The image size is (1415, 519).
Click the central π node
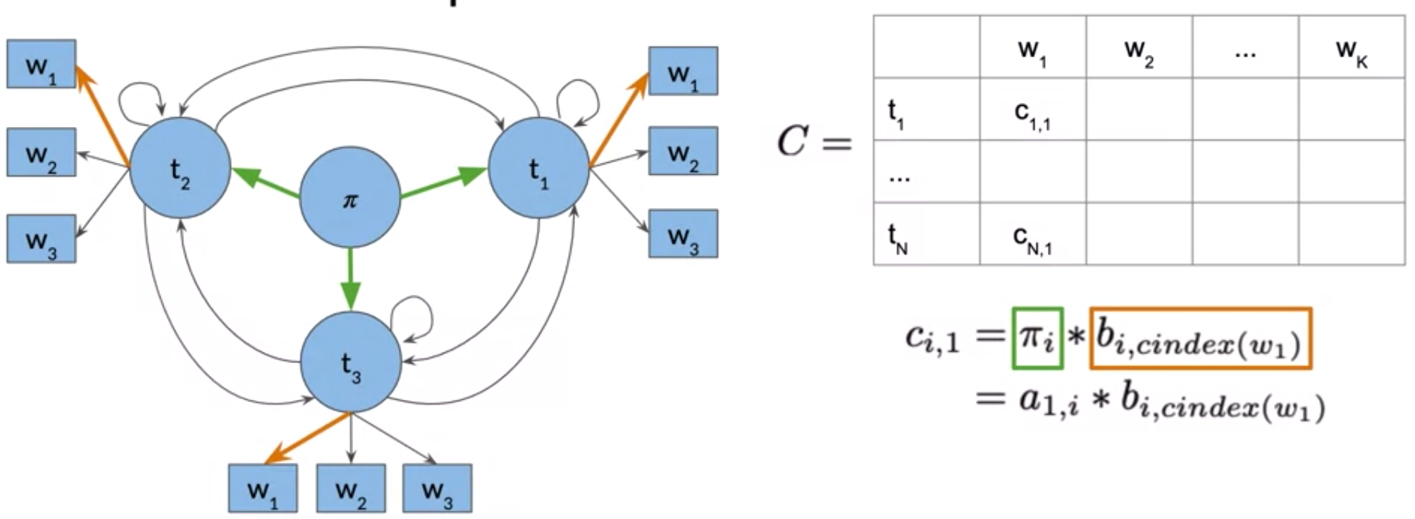click(x=350, y=197)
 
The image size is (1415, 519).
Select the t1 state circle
click(x=538, y=169)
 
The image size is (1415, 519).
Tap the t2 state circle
click(x=180, y=169)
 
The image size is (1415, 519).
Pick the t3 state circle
click(x=351, y=362)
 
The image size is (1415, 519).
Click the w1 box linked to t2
click(x=41, y=64)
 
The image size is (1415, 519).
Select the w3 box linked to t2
click(x=41, y=239)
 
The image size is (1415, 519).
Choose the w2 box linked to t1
click(x=683, y=151)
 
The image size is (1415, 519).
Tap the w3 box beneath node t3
click(x=437, y=488)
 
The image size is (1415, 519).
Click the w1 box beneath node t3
click(x=263, y=488)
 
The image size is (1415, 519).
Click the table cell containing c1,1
click(x=1032, y=109)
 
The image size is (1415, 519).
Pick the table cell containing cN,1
click(x=1032, y=235)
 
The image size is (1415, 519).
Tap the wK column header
click(x=1351, y=47)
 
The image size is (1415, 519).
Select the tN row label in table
click(x=926, y=235)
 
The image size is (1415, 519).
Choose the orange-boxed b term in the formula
click(x=1201, y=338)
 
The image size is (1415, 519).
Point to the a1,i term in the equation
click(x=1048, y=403)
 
